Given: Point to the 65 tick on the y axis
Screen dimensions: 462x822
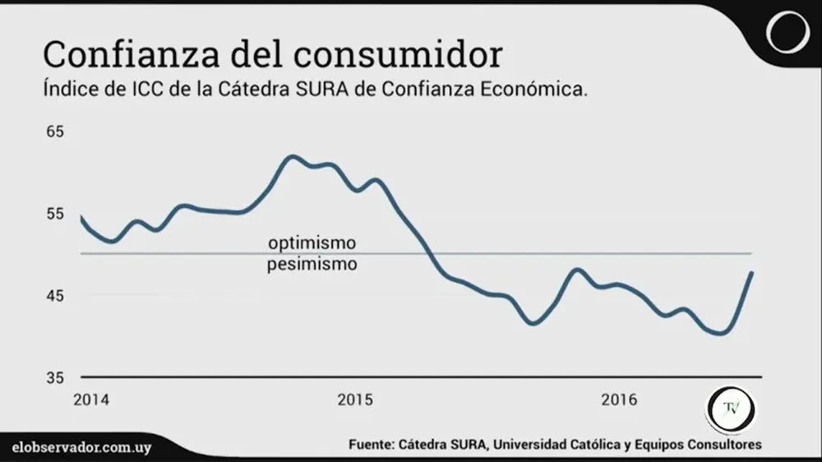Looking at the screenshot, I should coord(54,132).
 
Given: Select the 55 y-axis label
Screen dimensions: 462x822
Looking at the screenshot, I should coord(54,214).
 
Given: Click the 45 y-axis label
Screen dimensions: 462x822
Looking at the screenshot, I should coord(54,296).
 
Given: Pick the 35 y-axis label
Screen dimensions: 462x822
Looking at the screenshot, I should coord(54,378).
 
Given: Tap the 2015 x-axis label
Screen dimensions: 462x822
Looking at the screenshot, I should coord(355,400).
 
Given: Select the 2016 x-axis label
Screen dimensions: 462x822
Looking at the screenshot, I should coord(619,400).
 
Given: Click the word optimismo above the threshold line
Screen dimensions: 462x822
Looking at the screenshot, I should coord(312,243).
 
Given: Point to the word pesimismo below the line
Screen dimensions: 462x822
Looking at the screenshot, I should coord(312,265).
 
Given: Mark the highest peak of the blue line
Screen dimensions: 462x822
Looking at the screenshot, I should coord(293,155).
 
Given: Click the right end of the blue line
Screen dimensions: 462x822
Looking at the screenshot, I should coord(751,273).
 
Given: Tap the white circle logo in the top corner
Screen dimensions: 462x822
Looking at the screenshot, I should coord(788,33).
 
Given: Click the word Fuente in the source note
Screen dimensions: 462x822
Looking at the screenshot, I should coord(371,445).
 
